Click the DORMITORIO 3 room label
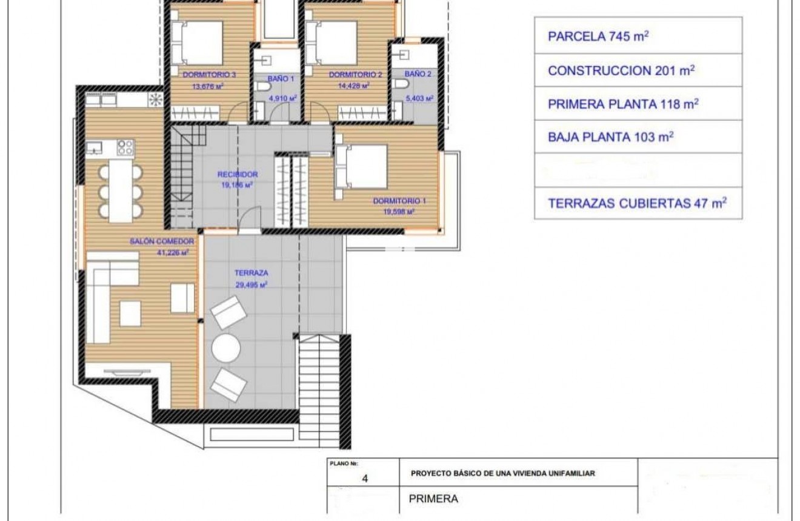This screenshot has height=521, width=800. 209,75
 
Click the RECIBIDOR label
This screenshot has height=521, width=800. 238,174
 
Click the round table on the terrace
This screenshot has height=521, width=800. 226,349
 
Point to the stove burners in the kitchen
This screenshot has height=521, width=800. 125,147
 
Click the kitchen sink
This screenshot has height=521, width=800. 94,146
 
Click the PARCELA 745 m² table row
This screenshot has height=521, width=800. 638,36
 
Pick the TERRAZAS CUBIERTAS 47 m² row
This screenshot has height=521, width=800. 638,203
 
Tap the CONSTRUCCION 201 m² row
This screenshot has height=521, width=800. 638,70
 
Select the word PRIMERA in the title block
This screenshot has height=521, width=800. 433,499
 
